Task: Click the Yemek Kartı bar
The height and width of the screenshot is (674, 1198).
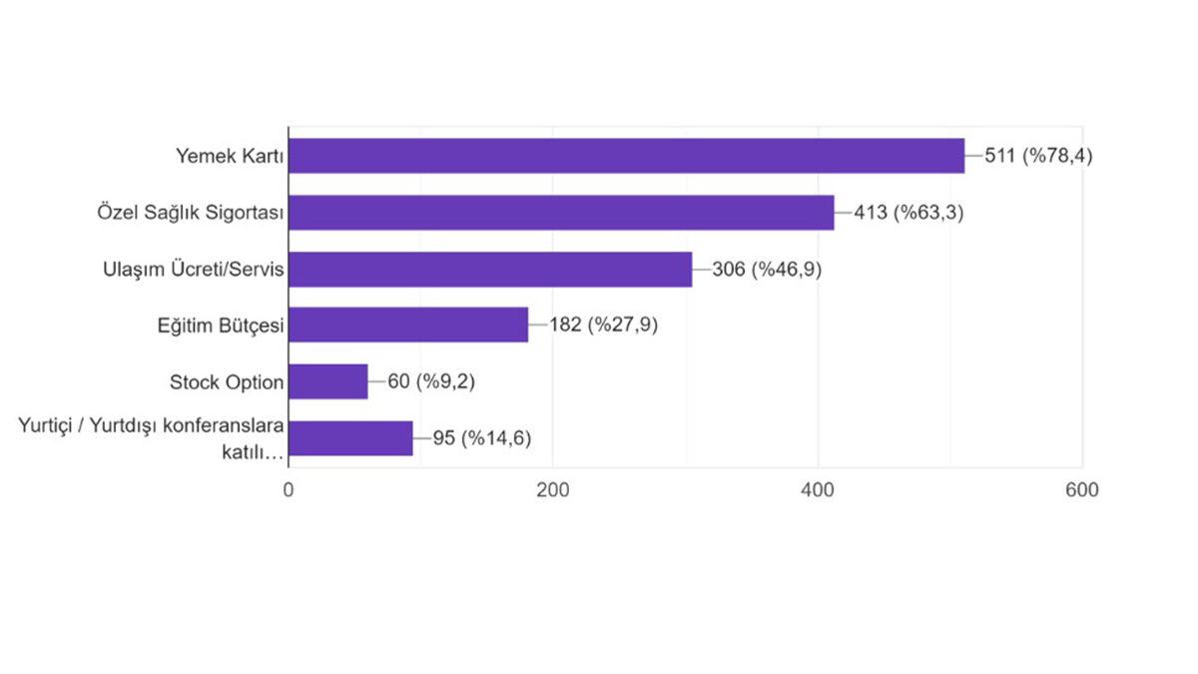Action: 626,156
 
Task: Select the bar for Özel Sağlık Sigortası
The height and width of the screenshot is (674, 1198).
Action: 561,213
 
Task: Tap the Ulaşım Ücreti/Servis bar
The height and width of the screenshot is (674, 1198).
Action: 490,270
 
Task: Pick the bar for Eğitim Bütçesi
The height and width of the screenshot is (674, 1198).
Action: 408,326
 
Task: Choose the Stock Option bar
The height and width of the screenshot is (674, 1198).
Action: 327,381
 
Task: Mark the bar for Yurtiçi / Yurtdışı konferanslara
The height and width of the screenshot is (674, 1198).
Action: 350,438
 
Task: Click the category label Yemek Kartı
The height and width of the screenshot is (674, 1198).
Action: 230,156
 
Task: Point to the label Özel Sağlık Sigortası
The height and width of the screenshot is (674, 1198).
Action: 191,213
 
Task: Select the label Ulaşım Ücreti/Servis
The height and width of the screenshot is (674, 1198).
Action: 194,270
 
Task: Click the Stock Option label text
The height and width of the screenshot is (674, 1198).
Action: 227,381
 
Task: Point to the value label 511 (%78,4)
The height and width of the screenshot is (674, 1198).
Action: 1038,156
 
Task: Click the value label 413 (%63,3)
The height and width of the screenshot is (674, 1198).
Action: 907,213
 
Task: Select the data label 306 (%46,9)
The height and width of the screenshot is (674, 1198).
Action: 766,270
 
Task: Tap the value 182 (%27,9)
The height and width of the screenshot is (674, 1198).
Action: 602,326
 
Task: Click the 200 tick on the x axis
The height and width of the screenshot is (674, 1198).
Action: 553,490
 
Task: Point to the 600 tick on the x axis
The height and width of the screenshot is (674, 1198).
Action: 1082,490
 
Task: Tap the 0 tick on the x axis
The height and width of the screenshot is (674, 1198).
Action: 289,490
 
